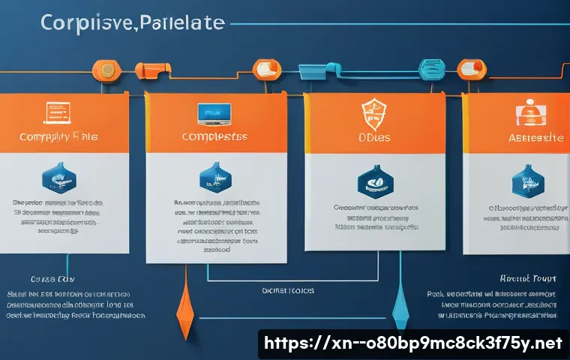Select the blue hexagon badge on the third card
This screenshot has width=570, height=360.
373,180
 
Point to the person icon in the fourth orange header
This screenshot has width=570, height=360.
529,112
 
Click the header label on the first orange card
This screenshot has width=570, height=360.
59,138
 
